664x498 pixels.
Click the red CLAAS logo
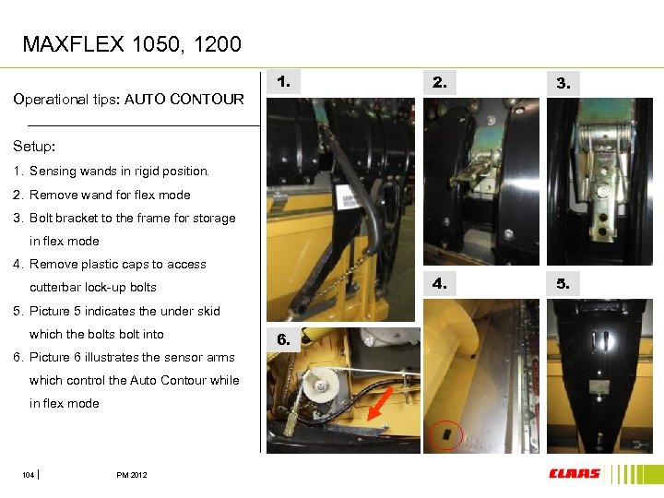[575, 473]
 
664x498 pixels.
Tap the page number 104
[28, 475]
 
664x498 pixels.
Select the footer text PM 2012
[132, 475]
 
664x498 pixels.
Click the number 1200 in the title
[218, 44]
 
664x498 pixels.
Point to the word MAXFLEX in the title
[73, 44]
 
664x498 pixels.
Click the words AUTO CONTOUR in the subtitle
[184, 99]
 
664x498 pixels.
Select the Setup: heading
[34, 146]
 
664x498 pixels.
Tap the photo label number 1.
[283, 81]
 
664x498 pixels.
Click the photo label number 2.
[440, 82]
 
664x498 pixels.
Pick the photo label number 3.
[563, 83]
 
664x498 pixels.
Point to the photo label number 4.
[440, 283]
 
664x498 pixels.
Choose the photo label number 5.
[563, 283]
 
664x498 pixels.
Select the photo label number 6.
[283, 339]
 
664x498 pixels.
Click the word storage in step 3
[214, 219]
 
